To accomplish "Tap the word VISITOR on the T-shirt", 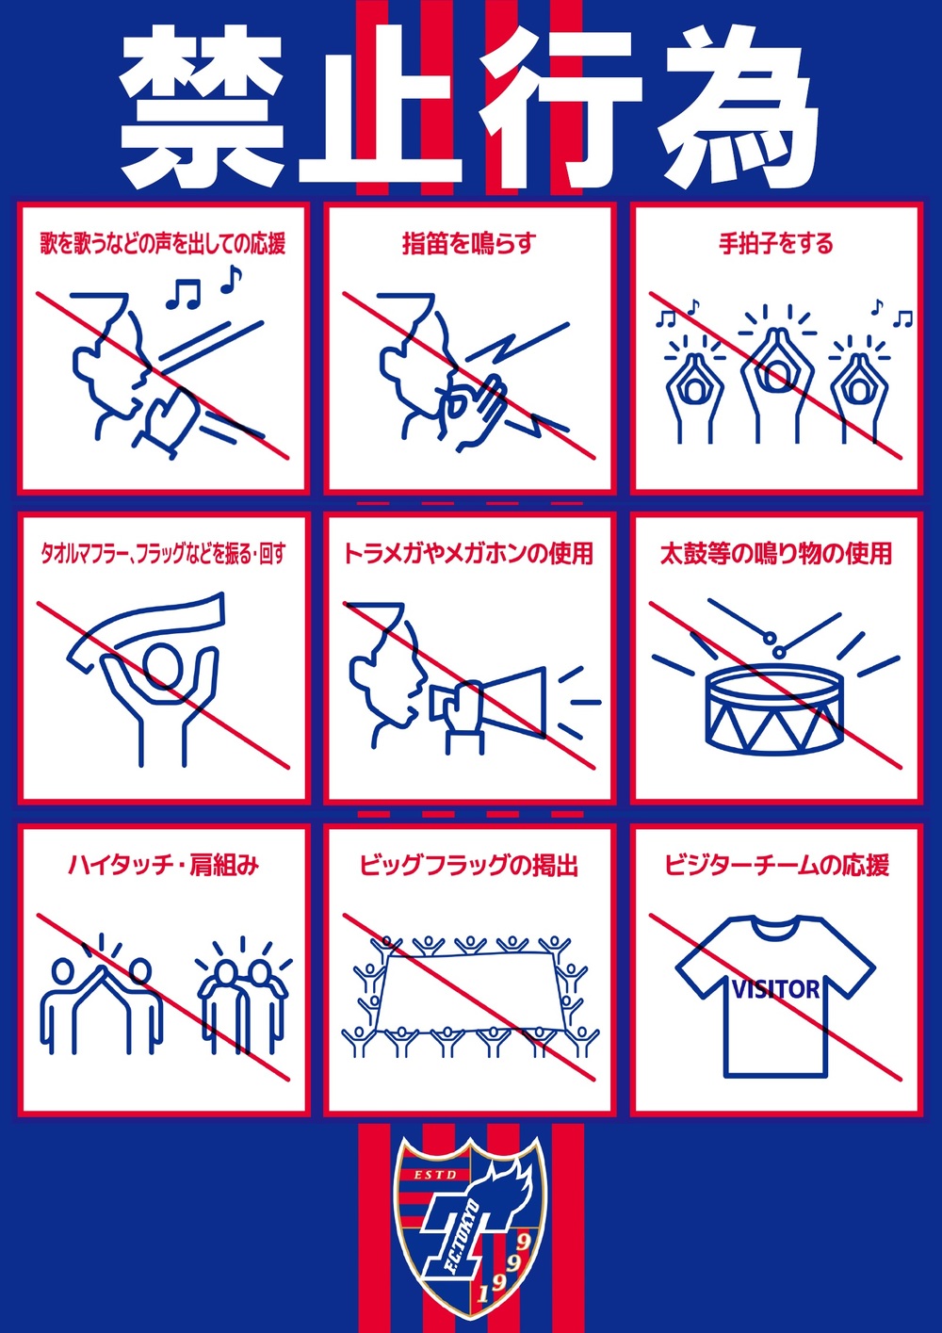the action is coord(776,990).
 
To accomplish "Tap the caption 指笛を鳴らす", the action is coord(469,244).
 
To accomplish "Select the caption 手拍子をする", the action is coord(776,244).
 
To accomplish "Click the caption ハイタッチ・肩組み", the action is coord(164,865).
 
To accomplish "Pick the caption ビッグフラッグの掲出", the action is coord(469,865).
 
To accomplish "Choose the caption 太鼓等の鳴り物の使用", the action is coord(776,554).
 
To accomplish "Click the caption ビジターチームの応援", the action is coord(776,865).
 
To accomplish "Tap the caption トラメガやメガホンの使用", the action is coord(469,554).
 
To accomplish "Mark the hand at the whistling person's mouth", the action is coord(470,412).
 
